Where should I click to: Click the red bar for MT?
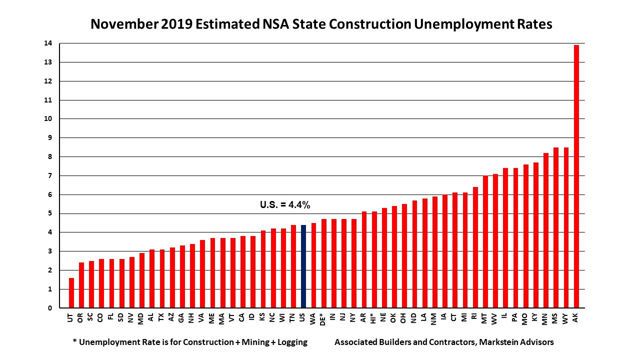pos(485,242)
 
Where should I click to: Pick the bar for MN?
pos(546,230)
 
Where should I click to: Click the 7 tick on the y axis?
pos(49,176)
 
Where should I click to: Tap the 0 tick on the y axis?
pos(49,308)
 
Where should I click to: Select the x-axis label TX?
pos(162,317)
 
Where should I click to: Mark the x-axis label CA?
pos(242,317)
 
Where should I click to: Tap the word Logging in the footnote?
pos(290,342)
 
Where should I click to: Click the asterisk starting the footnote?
pos(74,342)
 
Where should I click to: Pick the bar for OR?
pos(81,285)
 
